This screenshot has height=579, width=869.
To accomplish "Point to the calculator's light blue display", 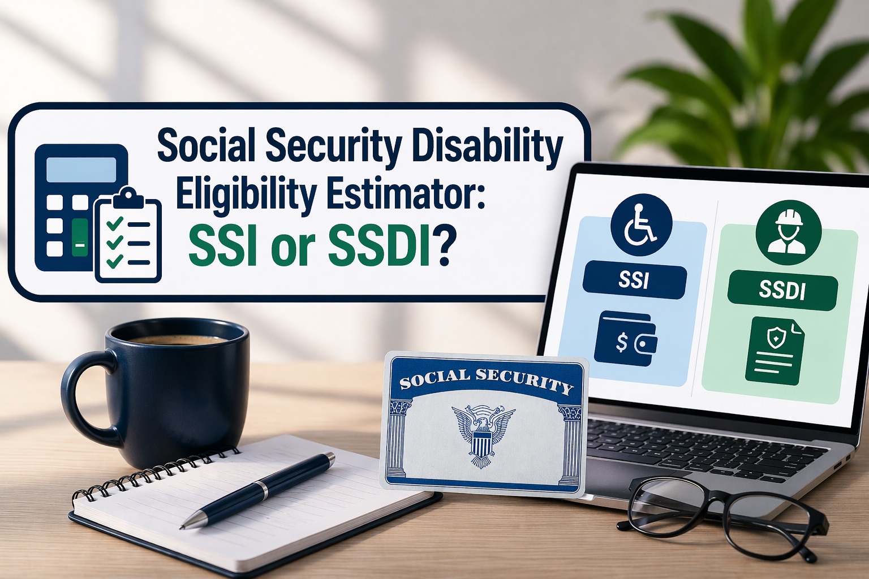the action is (81, 170).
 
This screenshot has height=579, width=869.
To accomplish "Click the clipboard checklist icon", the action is (128, 234).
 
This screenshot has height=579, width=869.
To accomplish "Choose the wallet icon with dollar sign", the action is (625, 339).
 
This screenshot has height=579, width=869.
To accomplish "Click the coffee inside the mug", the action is (177, 340).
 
